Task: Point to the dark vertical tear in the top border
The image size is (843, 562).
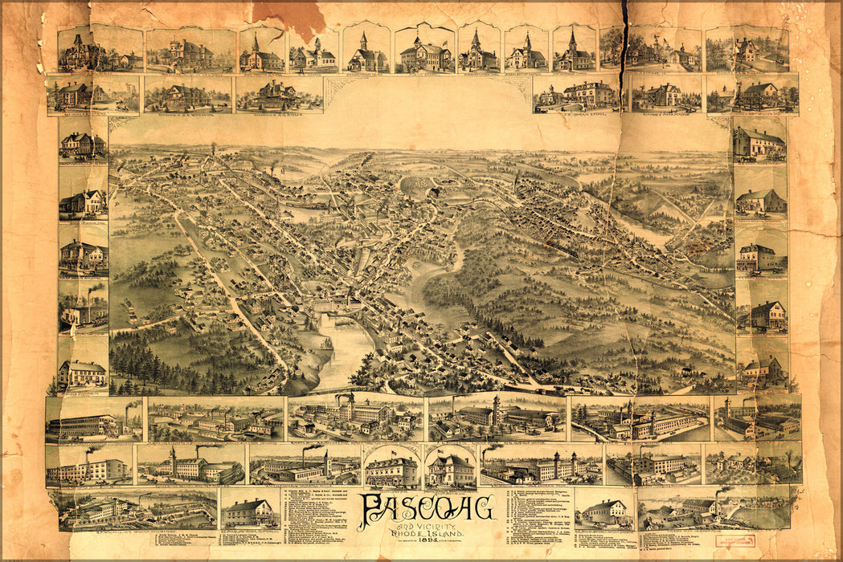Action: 624,32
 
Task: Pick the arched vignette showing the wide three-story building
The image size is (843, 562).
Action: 391,470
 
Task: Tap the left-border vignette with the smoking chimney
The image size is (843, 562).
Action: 82,305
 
